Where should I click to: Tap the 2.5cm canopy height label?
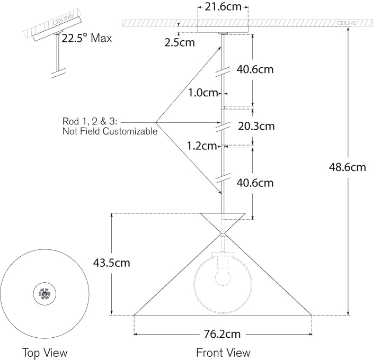coord(180,42)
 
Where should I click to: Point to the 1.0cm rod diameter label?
coord(203,93)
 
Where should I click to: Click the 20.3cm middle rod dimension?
coord(256,126)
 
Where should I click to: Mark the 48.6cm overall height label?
coord(348,167)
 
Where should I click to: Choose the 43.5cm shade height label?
coord(111,262)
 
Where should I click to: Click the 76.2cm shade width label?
coord(223,334)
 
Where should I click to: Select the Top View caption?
coord(45,352)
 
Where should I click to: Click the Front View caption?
coord(223,352)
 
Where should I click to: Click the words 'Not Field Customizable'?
coord(110,131)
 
